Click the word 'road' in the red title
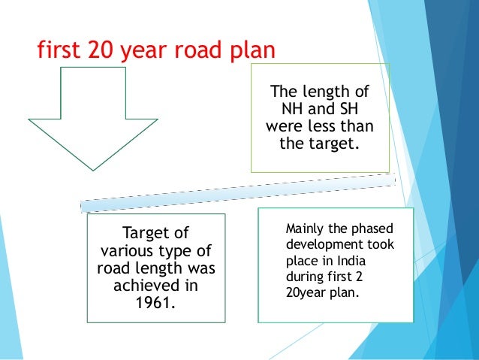[200, 51]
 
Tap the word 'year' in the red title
[152, 51]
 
